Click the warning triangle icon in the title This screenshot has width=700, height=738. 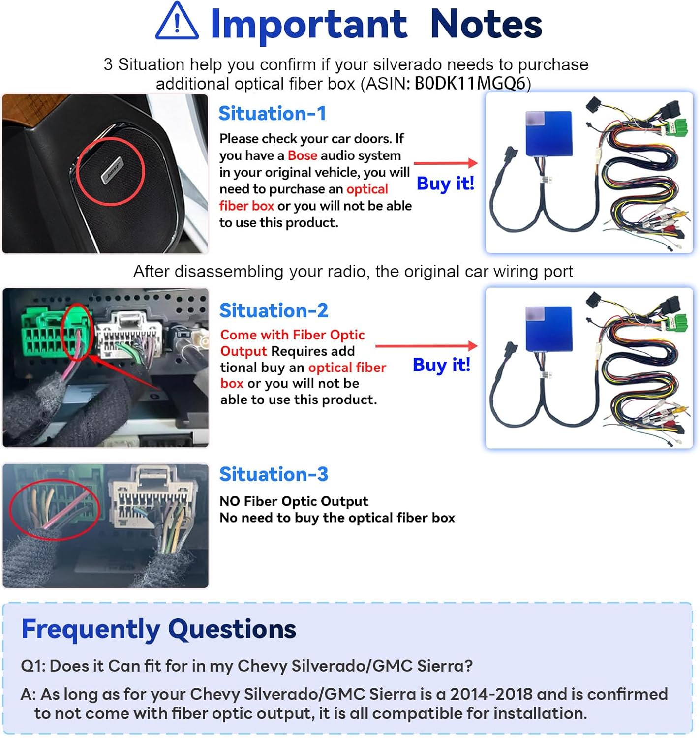click(x=177, y=23)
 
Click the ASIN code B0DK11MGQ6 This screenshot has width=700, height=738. click(x=470, y=84)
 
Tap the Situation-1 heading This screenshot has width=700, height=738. click(x=272, y=114)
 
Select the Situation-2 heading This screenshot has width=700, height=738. click(x=274, y=310)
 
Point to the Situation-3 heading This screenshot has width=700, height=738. click(x=274, y=474)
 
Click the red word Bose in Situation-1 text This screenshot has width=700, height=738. click(x=302, y=155)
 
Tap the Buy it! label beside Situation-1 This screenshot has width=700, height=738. click(x=445, y=184)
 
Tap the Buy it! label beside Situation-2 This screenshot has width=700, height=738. click(x=441, y=365)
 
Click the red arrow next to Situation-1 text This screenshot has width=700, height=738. click(x=446, y=163)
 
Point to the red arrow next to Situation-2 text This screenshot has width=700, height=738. click(x=426, y=346)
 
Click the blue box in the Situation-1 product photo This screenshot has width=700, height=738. click(x=549, y=133)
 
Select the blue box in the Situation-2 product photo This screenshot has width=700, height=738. click(x=549, y=328)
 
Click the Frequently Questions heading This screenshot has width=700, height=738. click(x=158, y=629)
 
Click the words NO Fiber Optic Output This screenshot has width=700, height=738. click(x=294, y=501)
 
